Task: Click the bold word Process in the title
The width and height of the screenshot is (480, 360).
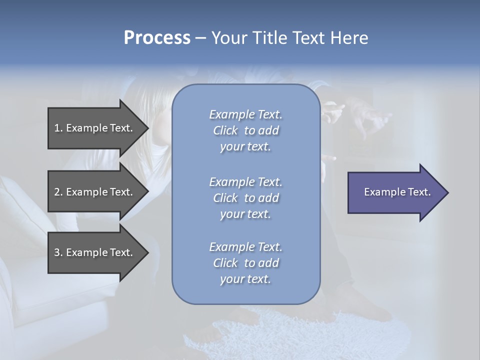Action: [157, 38]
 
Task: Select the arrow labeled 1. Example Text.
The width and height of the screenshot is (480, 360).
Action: [95, 128]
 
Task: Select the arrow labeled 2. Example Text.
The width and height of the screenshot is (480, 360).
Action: [95, 192]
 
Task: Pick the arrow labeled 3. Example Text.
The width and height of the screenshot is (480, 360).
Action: [95, 252]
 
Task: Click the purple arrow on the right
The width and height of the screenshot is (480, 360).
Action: [395, 192]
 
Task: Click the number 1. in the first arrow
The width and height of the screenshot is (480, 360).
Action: [58, 128]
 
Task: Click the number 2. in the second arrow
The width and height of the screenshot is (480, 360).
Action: [58, 192]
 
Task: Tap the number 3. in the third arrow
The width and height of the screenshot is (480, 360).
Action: [58, 252]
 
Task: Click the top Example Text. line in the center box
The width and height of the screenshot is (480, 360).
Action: [245, 114]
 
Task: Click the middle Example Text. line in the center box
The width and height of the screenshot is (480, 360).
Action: [245, 182]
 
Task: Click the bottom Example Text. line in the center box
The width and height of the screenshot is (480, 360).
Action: [245, 247]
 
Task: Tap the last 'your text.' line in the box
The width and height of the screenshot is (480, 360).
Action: [245, 279]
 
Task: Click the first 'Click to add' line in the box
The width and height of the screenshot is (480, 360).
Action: [245, 131]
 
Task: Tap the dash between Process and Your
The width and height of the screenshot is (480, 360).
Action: [200, 38]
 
